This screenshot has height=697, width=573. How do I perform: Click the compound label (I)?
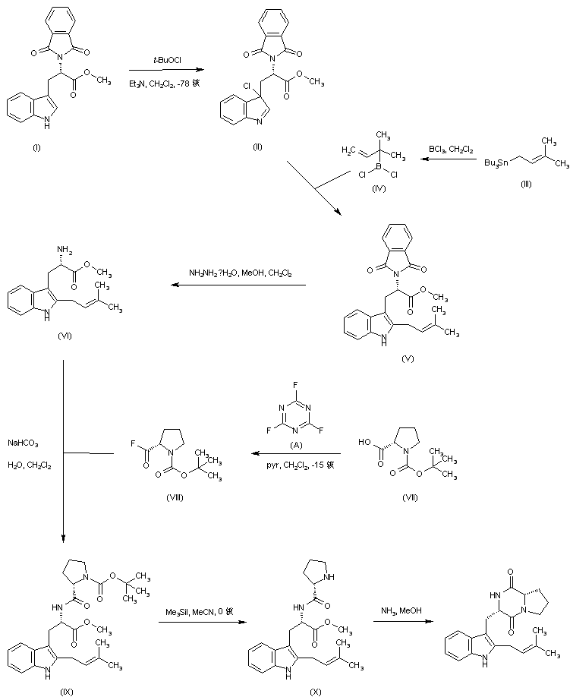pyautogui.click(x=37, y=146)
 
